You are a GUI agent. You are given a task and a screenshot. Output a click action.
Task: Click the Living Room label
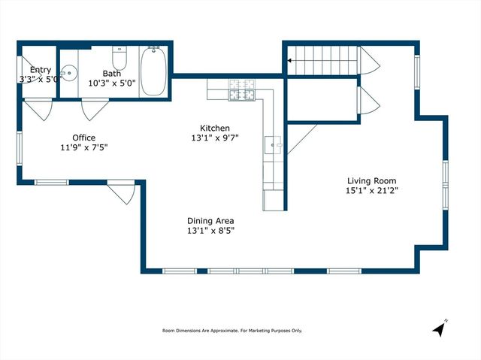pyautogui.click(x=371, y=180)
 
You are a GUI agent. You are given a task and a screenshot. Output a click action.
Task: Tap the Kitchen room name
pyautogui.click(x=214, y=128)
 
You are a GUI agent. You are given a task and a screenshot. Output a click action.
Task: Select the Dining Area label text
pyautogui.click(x=210, y=220)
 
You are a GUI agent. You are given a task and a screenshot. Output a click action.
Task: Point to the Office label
pyautogui.click(x=83, y=137)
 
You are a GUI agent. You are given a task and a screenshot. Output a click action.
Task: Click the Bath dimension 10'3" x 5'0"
pyautogui.click(x=111, y=83)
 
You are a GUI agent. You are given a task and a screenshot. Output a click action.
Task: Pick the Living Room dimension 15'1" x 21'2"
pyautogui.click(x=371, y=191)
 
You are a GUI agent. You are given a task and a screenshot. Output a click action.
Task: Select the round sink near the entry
pyautogui.click(x=68, y=74)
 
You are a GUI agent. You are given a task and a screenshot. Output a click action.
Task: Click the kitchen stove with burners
pyautogui.click(x=244, y=91)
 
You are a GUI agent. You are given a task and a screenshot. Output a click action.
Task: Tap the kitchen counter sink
pyautogui.click(x=273, y=142)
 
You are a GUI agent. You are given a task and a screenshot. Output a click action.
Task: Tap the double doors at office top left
pyautogui.click(x=38, y=110)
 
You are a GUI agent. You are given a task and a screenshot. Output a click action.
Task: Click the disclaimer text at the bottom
pyautogui.click(x=232, y=331)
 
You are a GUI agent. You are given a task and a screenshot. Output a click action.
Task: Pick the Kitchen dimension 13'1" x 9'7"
pyautogui.click(x=214, y=138)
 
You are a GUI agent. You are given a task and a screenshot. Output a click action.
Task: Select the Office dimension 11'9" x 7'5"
pyautogui.click(x=83, y=147)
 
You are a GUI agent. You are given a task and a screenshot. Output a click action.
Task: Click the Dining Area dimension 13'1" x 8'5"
pyautogui.click(x=210, y=231)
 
